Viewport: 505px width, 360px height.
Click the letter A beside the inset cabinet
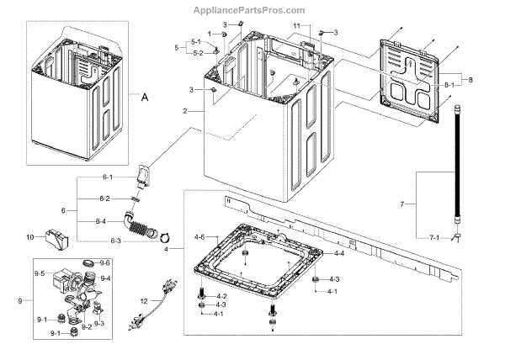coord(144,98)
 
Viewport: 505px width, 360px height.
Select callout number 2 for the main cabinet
coord(184,111)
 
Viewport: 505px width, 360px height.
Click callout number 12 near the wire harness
coord(143,300)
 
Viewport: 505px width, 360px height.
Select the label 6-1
coord(106,178)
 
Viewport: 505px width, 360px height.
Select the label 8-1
coord(449,86)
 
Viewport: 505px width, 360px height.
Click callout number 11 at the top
coord(295,26)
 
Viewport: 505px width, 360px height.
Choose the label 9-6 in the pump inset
coord(105,263)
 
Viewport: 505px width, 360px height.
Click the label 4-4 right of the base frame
coord(339,253)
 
